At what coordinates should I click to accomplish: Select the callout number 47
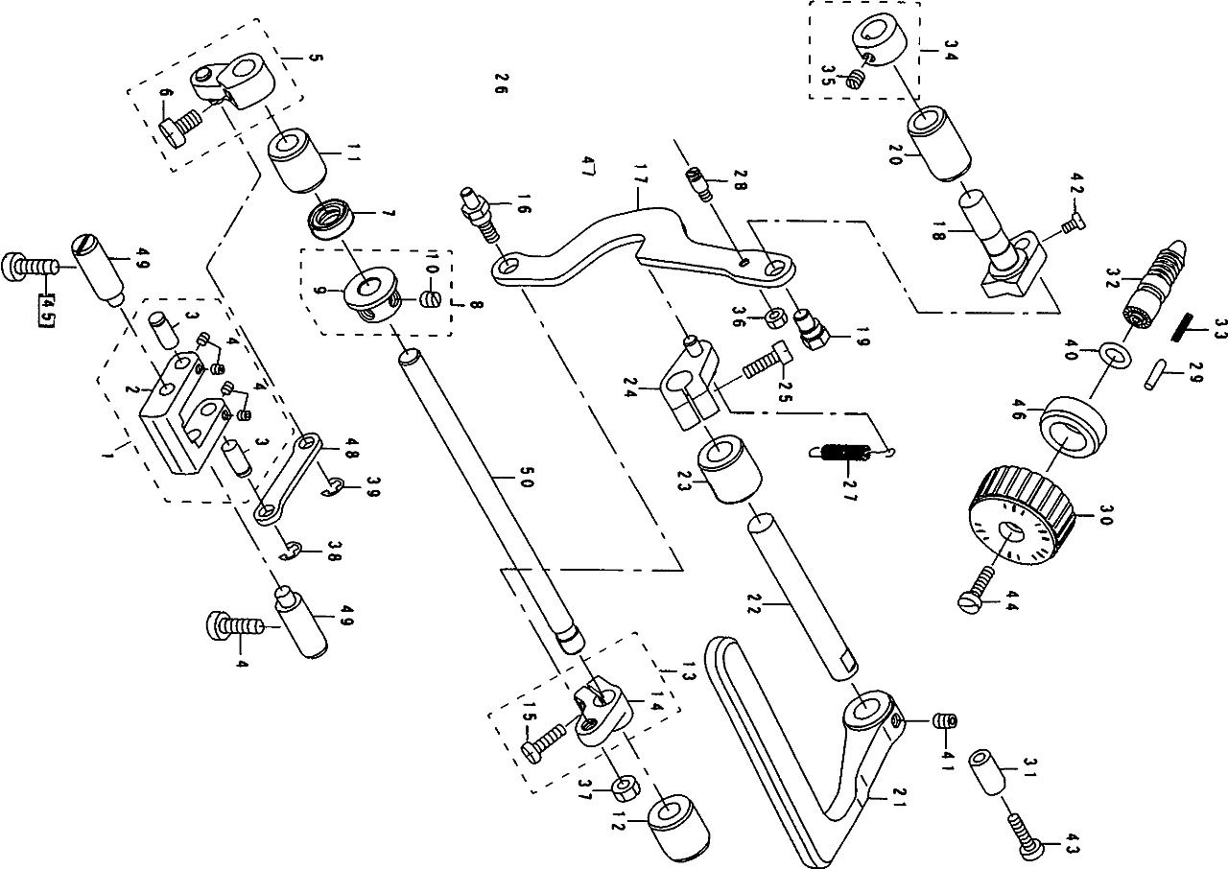click(x=587, y=166)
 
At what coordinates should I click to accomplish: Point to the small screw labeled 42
click(x=1069, y=223)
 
